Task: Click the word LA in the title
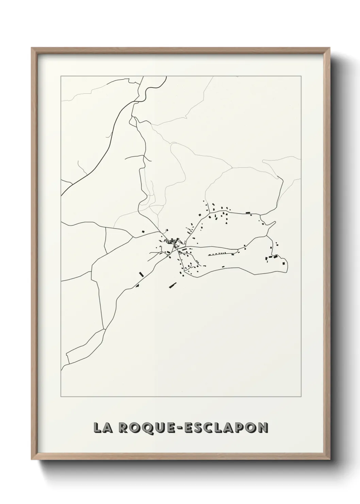click(101, 428)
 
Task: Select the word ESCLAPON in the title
click(226, 428)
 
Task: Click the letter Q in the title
click(144, 428)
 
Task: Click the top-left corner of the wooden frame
click(32, 48)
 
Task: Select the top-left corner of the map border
click(61, 76)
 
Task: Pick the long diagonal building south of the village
click(173, 285)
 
